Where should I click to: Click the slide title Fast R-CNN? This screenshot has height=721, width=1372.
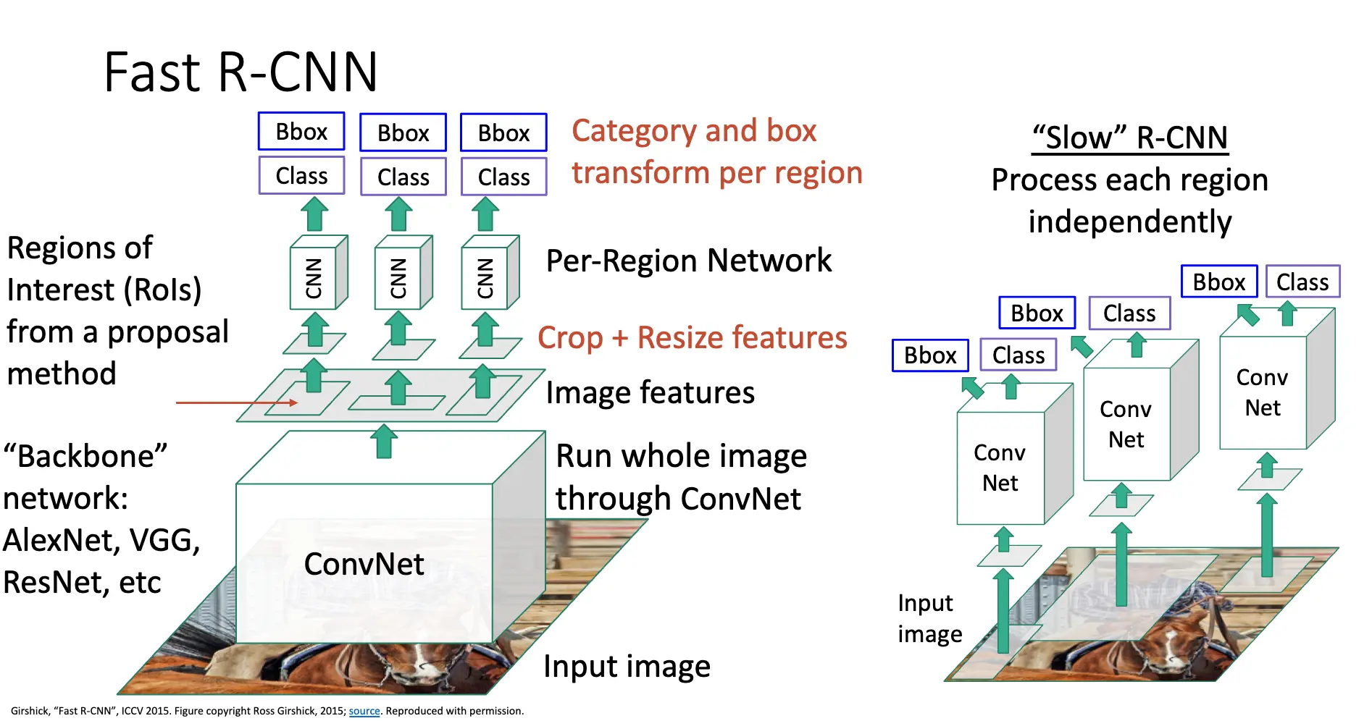point(240,72)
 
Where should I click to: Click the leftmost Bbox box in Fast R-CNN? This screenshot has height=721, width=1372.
point(301,132)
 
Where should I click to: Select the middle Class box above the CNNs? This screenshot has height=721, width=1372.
point(403,177)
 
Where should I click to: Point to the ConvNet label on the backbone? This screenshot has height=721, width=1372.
point(364,564)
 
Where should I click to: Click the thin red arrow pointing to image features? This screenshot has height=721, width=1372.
point(236,402)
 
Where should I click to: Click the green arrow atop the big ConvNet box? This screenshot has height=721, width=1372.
point(384,441)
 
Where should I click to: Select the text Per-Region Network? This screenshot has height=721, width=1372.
point(688,261)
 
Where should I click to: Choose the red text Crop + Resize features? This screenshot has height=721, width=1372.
point(692,337)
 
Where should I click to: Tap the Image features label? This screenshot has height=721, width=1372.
point(650,392)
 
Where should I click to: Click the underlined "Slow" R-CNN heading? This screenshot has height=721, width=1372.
point(1130,138)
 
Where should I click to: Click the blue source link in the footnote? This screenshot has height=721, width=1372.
point(364,711)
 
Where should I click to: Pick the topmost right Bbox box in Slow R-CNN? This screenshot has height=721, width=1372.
point(1219,282)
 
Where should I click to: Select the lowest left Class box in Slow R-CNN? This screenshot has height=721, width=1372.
point(1018,355)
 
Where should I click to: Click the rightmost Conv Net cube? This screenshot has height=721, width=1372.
point(1263,392)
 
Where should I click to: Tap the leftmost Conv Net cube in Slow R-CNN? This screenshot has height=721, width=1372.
point(1000,468)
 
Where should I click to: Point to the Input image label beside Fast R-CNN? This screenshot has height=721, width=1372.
point(627,666)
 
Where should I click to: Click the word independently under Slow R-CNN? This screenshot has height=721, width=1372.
point(1130,222)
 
